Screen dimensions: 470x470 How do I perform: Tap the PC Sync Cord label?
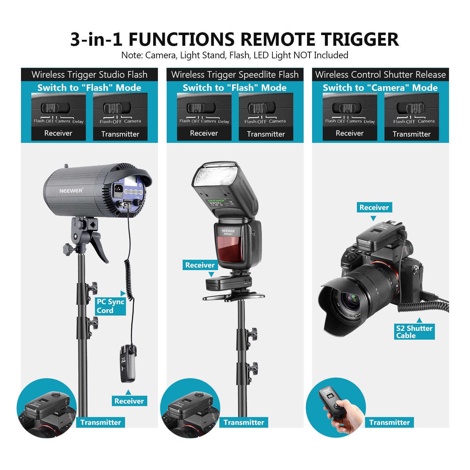[x=110, y=306]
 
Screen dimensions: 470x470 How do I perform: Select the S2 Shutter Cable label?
[x=414, y=332]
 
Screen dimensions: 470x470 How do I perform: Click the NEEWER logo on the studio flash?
[x=71, y=191]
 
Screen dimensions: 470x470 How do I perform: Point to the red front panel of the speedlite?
[x=230, y=249]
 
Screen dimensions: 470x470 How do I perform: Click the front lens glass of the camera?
[x=348, y=301]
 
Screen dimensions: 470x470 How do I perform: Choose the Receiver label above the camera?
[x=374, y=207]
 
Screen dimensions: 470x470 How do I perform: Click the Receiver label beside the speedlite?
[x=200, y=265]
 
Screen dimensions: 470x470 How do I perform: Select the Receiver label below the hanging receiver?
[x=129, y=401]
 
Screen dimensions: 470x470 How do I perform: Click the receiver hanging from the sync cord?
[x=128, y=363]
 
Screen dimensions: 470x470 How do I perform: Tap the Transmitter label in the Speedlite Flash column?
[x=244, y=422]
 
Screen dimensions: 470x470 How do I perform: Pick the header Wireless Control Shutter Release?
[x=380, y=75]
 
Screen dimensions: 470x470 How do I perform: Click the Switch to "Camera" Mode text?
[x=380, y=88]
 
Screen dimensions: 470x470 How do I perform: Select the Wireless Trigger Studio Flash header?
[x=89, y=75]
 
